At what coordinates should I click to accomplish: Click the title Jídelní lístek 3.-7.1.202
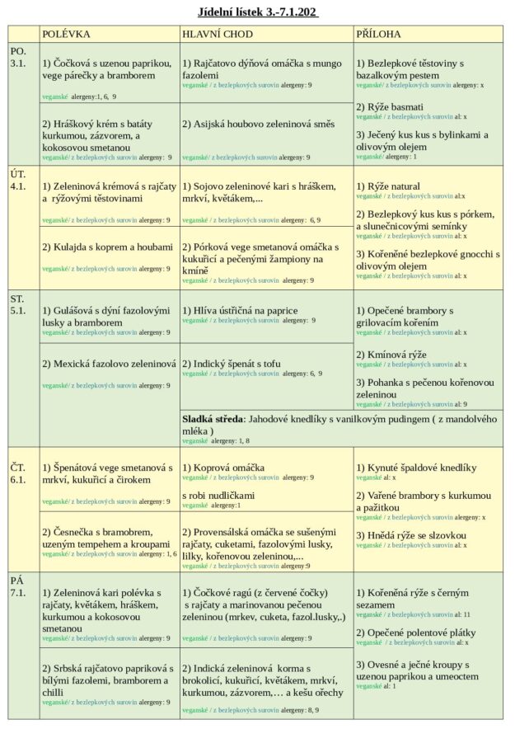pyautogui.click(x=258, y=12)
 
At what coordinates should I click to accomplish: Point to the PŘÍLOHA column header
pyautogui.click(x=379, y=34)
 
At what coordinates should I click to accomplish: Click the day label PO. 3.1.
pyautogui.click(x=18, y=57)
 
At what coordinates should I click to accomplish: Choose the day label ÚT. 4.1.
pyautogui.click(x=18, y=180)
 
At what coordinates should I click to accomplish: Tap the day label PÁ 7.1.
pyautogui.click(x=18, y=586)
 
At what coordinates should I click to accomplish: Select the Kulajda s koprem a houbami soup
pyautogui.click(x=108, y=247)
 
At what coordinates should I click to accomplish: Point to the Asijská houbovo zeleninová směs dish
pyautogui.click(x=259, y=125)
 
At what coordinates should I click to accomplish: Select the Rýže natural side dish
pyautogui.click(x=387, y=186)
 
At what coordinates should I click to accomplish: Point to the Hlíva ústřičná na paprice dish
pyautogui.click(x=240, y=311)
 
